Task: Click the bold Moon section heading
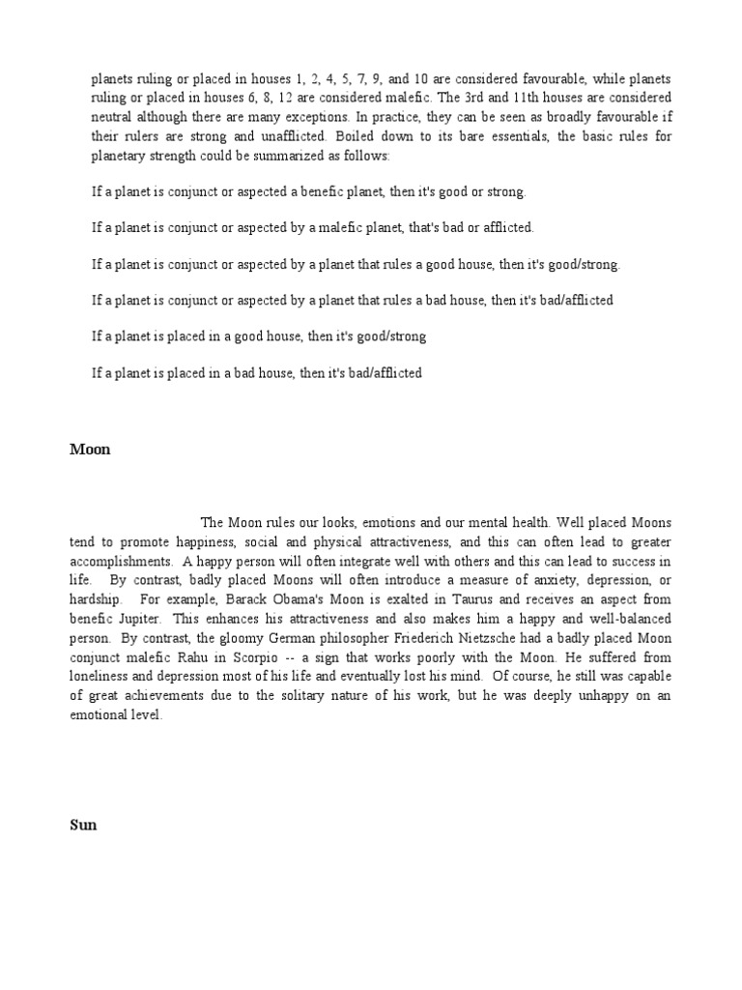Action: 90,450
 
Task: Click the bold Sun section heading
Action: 83,827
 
